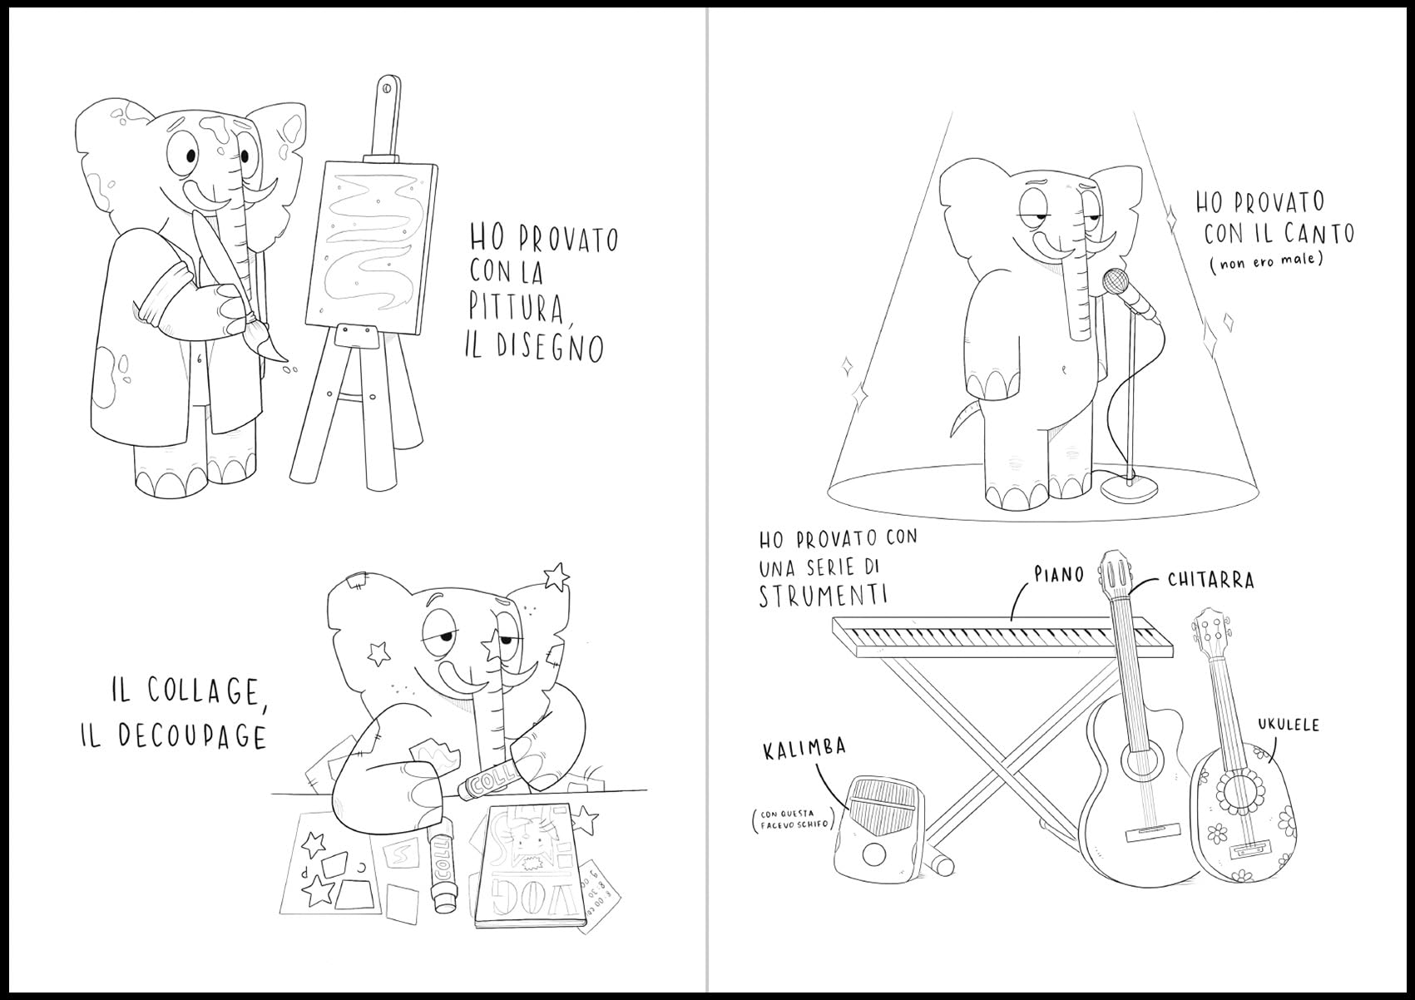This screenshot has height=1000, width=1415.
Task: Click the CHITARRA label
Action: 1211,580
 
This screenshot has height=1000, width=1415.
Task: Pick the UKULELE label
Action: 1288,724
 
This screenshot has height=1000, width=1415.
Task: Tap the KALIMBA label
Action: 804,750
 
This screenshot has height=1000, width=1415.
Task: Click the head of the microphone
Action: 1116,281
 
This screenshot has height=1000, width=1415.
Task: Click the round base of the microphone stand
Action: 1129,488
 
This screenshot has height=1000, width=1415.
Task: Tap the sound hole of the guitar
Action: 1143,764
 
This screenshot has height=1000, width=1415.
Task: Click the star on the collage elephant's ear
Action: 556,576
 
